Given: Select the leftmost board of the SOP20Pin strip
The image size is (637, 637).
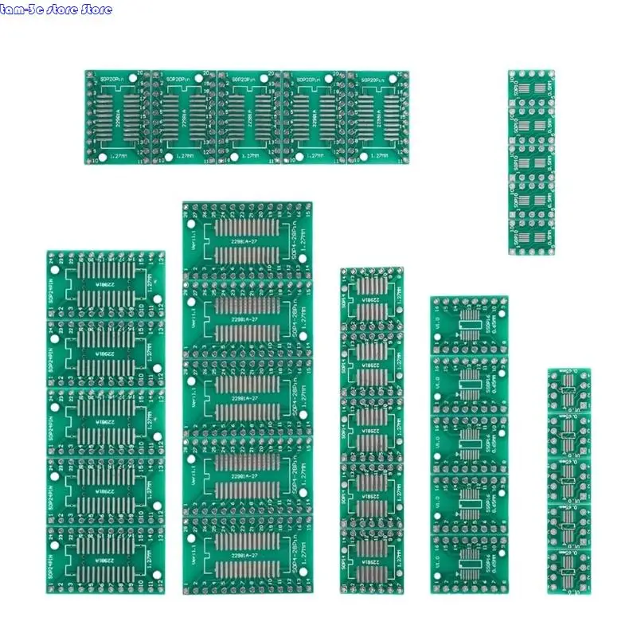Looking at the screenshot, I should (x=118, y=117).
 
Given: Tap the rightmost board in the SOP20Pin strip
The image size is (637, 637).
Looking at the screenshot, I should (x=379, y=117).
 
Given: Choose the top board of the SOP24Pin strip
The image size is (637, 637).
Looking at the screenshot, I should (x=105, y=284).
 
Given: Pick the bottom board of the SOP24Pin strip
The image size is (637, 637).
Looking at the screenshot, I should (x=105, y=558).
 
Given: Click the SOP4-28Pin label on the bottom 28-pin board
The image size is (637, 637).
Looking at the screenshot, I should (x=301, y=553).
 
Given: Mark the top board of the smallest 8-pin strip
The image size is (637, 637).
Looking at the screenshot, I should (x=568, y=390).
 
